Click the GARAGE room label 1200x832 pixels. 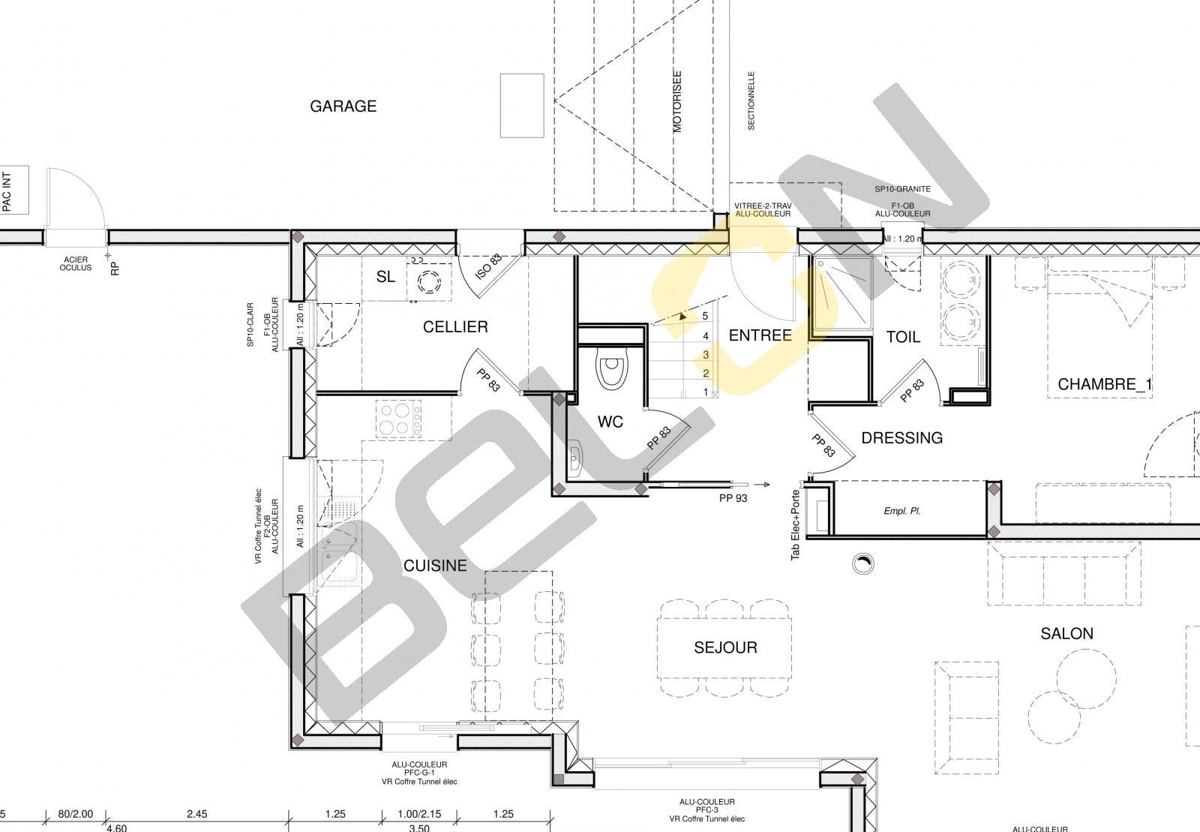[343, 106]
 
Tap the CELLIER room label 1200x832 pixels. [455, 327]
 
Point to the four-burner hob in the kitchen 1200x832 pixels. [398, 419]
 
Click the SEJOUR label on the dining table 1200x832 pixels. [725, 647]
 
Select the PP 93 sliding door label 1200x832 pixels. [733, 498]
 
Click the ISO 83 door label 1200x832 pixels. [489, 266]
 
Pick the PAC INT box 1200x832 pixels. [14, 191]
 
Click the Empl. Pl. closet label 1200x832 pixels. [902, 511]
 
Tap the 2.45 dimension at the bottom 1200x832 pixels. [196, 814]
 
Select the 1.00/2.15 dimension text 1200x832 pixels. [419, 814]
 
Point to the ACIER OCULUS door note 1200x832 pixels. [76, 263]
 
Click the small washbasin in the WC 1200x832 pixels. [574, 458]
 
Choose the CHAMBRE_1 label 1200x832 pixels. [1105, 384]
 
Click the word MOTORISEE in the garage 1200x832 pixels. [677, 102]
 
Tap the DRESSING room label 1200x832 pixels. [902, 437]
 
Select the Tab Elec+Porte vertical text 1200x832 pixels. [796, 525]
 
